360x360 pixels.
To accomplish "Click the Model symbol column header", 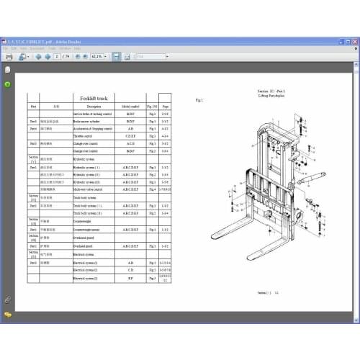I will [130, 106].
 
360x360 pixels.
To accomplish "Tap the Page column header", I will [166, 106].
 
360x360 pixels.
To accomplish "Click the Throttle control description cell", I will [85, 135].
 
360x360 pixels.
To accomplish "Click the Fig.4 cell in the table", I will [152, 189].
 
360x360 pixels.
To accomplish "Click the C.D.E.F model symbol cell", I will [130, 135].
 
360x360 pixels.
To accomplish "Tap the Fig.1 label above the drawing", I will [199, 99].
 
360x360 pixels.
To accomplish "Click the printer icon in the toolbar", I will [9, 55].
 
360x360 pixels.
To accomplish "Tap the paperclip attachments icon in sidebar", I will [7, 298].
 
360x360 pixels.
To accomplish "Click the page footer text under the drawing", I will [264, 293].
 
